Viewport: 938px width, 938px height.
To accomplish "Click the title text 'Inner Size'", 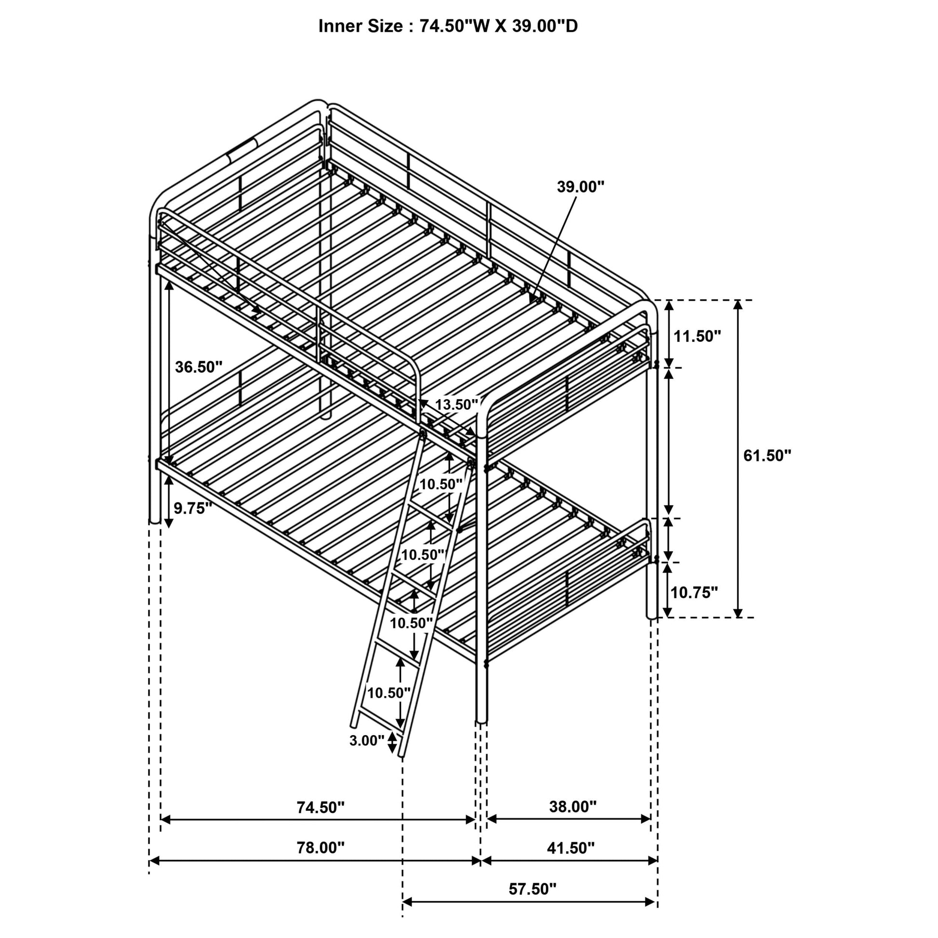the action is pos(360,26).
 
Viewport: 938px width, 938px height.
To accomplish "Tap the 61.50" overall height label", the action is pos(767,456).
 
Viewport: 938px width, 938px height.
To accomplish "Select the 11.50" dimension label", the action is pos(697,335).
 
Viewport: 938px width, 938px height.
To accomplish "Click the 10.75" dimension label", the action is pos(694,592).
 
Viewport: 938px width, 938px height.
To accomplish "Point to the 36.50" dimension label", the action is pos(199,367).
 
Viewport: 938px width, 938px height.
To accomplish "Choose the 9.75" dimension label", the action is pos(193,509).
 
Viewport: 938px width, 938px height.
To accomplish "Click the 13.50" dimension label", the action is pos(457,404).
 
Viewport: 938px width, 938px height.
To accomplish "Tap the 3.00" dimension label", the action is pos(366,740).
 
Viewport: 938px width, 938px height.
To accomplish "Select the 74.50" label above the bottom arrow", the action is pos(321,807).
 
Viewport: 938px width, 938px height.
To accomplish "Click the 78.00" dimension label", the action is pos(321,848).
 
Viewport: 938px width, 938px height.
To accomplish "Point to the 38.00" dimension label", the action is pos(573,807).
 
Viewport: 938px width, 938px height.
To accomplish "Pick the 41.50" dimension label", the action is pos(571,848).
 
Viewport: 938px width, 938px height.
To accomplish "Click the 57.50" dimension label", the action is pos(533,889).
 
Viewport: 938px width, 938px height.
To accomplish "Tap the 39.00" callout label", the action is pos(581,187).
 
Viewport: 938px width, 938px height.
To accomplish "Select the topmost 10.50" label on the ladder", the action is pos(441,484).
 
